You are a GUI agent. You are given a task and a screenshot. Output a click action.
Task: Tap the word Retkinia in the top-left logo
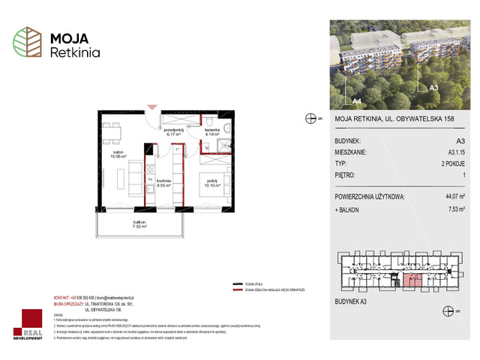point(73,52)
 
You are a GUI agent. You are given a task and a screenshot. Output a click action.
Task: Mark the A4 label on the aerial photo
point(357,100)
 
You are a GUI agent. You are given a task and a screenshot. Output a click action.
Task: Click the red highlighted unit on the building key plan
point(412,281)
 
